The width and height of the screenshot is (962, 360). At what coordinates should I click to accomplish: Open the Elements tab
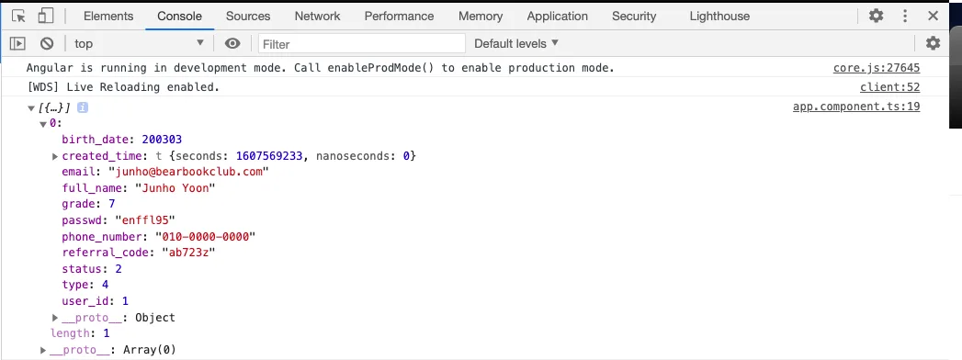[x=108, y=17]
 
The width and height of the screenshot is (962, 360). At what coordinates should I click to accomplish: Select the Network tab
[x=317, y=17]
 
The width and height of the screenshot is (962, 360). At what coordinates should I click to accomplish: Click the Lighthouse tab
[x=719, y=17]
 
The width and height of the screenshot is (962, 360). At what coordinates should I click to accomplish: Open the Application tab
[x=557, y=17]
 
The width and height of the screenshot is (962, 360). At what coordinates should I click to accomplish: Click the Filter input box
[x=362, y=43]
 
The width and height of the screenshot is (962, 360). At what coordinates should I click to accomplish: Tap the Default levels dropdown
[x=516, y=43]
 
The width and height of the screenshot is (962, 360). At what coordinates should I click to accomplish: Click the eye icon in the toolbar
[x=232, y=43]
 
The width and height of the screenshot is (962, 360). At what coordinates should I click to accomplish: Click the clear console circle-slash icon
[x=47, y=43]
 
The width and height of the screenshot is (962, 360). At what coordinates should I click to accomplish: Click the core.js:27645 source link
[x=877, y=68]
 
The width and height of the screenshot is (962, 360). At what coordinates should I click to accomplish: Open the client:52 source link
[x=889, y=87]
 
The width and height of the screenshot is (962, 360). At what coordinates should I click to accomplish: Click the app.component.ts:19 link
[x=855, y=107]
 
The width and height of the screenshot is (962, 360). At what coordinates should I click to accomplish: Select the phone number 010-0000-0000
[x=205, y=236]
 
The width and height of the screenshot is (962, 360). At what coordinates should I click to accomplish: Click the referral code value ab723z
[x=188, y=252]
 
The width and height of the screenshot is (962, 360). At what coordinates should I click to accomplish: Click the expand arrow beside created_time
[x=55, y=156]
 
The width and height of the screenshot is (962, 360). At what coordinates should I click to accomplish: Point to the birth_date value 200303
[x=162, y=140]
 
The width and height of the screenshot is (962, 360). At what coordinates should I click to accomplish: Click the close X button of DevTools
[x=934, y=16]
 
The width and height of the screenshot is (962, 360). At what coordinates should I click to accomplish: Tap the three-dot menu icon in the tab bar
[x=905, y=16]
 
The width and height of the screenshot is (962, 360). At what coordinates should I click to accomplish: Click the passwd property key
[x=83, y=220]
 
